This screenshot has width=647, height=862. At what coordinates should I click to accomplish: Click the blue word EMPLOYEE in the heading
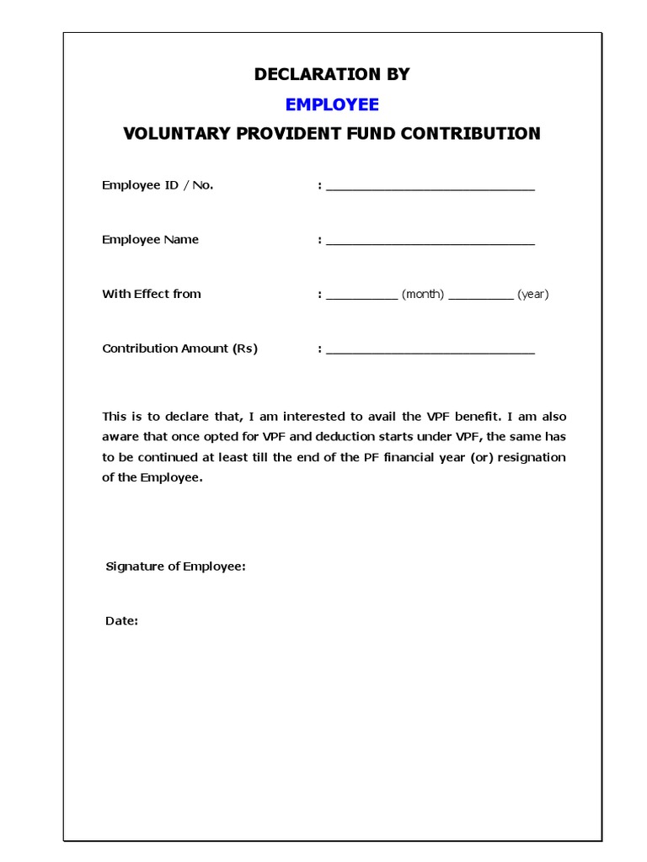332,104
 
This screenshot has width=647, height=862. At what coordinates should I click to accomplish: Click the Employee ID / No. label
158,185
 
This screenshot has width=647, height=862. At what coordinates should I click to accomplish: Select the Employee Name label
150,240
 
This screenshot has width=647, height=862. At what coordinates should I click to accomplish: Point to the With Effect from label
152,294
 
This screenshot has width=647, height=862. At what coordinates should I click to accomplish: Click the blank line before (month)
361,297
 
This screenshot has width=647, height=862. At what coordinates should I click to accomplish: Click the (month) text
423,295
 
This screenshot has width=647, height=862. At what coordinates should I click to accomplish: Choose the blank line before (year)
481,297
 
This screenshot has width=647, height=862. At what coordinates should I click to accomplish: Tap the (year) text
533,295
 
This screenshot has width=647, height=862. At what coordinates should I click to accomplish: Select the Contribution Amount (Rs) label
179,349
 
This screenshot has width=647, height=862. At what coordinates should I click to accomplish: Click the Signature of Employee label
175,567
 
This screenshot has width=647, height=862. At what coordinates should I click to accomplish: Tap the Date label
121,621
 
